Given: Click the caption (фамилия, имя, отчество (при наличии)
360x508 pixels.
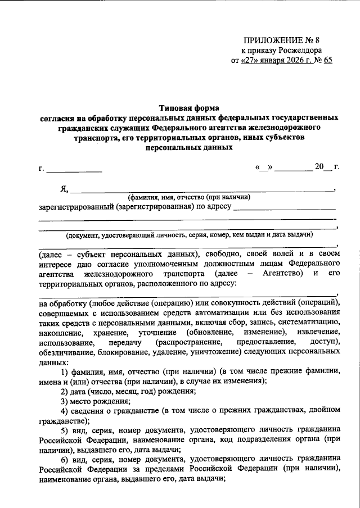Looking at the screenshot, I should pos(188,197).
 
